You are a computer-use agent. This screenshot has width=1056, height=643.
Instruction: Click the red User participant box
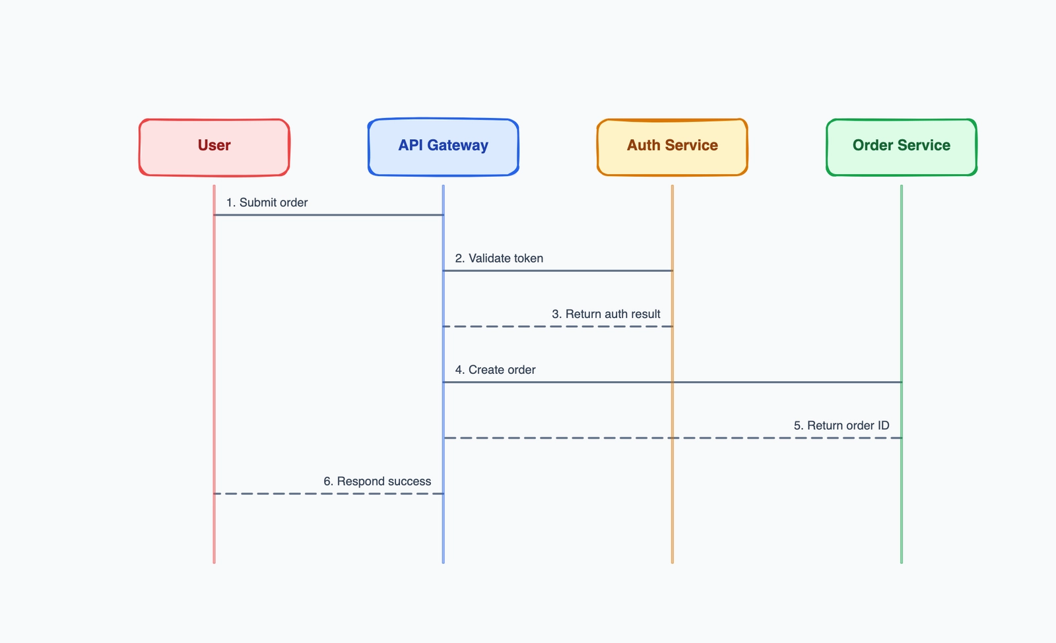(214, 147)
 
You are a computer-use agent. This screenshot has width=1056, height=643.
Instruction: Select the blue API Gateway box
(443, 147)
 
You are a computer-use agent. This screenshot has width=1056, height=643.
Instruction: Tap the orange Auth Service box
(672, 147)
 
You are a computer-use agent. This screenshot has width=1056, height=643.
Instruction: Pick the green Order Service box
(901, 147)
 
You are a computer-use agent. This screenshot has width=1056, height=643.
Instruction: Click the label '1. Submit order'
(267, 202)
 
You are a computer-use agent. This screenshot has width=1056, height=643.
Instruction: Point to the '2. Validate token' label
(499, 259)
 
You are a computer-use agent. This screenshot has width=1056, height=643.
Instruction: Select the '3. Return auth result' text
(606, 314)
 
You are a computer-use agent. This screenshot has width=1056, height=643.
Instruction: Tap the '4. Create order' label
(495, 370)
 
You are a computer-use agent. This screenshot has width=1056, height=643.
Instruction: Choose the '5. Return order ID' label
(841, 425)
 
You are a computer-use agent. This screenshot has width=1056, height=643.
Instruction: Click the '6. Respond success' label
(377, 481)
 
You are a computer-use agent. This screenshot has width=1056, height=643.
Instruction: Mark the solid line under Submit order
(328, 215)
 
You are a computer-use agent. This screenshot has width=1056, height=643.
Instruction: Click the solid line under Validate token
(558, 270)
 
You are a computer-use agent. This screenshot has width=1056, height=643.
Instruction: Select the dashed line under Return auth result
(558, 326)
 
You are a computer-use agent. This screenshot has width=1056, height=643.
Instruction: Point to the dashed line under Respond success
(328, 493)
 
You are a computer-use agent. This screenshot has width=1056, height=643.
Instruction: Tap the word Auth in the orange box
(642, 145)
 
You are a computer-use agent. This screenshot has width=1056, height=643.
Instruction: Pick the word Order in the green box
(873, 145)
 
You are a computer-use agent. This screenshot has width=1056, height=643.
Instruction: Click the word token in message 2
(526, 259)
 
